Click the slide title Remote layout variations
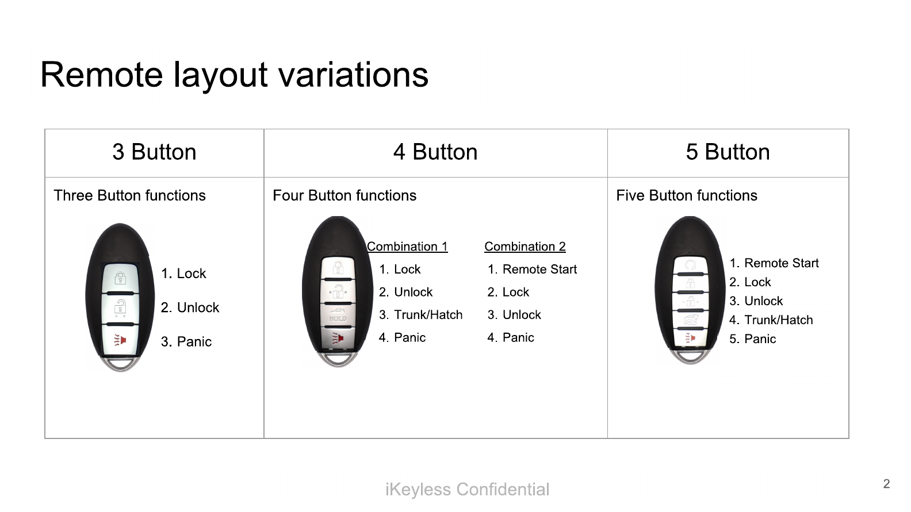(x=234, y=75)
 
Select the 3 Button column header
(x=154, y=152)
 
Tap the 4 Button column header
(x=435, y=152)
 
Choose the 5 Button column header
(x=728, y=152)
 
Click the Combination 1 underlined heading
(x=407, y=247)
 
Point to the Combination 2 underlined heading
(x=525, y=247)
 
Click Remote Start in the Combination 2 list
(x=539, y=269)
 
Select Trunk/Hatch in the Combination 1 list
(x=428, y=314)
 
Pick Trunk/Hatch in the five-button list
(x=778, y=320)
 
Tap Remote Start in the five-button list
(x=781, y=263)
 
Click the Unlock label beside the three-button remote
(x=198, y=307)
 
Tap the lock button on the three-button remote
(x=120, y=278)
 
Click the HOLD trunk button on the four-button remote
(x=338, y=315)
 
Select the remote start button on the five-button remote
(x=690, y=265)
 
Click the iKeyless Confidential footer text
(x=468, y=489)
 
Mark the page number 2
(x=887, y=484)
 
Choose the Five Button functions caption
(x=687, y=195)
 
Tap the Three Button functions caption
(x=130, y=195)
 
